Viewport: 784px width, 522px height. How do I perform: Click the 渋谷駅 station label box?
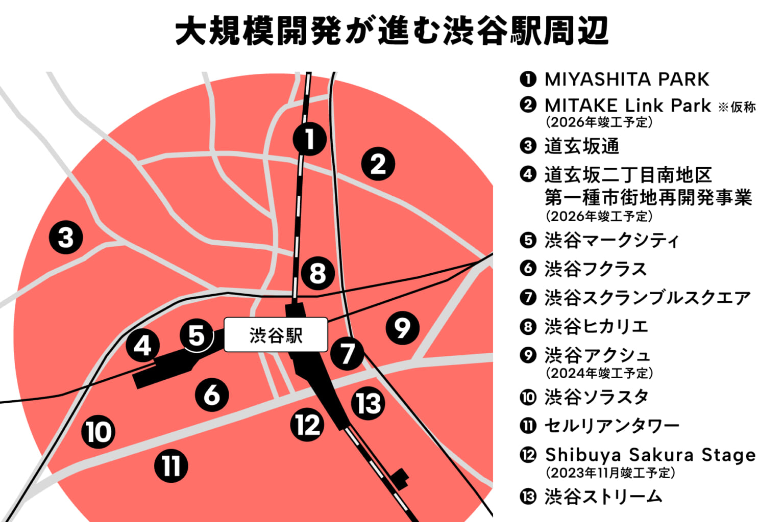[x=276, y=335]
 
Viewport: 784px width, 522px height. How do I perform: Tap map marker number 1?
[x=309, y=139]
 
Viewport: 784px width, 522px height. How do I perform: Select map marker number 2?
[x=378, y=164]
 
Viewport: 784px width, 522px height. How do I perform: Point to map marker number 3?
[x=66, y=238]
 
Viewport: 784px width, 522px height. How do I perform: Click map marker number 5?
[x=197, y=335]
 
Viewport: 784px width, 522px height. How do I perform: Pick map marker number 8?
[x=317, y=273]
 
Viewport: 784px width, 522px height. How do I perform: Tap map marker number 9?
[x=402, y=328]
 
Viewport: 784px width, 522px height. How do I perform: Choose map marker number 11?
[x=171, y=465]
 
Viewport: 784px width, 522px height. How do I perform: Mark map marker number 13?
[x=368, y=403]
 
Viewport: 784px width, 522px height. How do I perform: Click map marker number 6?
[x=212, y=395]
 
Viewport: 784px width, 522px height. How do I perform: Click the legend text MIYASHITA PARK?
[x=627, y=80]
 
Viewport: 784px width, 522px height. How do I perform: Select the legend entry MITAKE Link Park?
[x=627, y=106]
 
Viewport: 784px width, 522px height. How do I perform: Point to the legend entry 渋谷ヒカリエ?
[x=596, y=326]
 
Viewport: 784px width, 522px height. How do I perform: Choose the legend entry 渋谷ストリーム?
[x=603, y=497]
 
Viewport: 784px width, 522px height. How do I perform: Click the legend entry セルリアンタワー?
[x=612, y=426]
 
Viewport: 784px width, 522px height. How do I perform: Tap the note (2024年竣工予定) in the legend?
[x=599, y=373]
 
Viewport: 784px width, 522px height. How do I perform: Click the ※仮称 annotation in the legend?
[x=737, y=108]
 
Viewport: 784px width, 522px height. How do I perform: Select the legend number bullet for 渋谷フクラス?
[x=528, y=268]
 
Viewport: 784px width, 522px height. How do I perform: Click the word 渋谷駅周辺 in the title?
[x=526, y=32]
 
